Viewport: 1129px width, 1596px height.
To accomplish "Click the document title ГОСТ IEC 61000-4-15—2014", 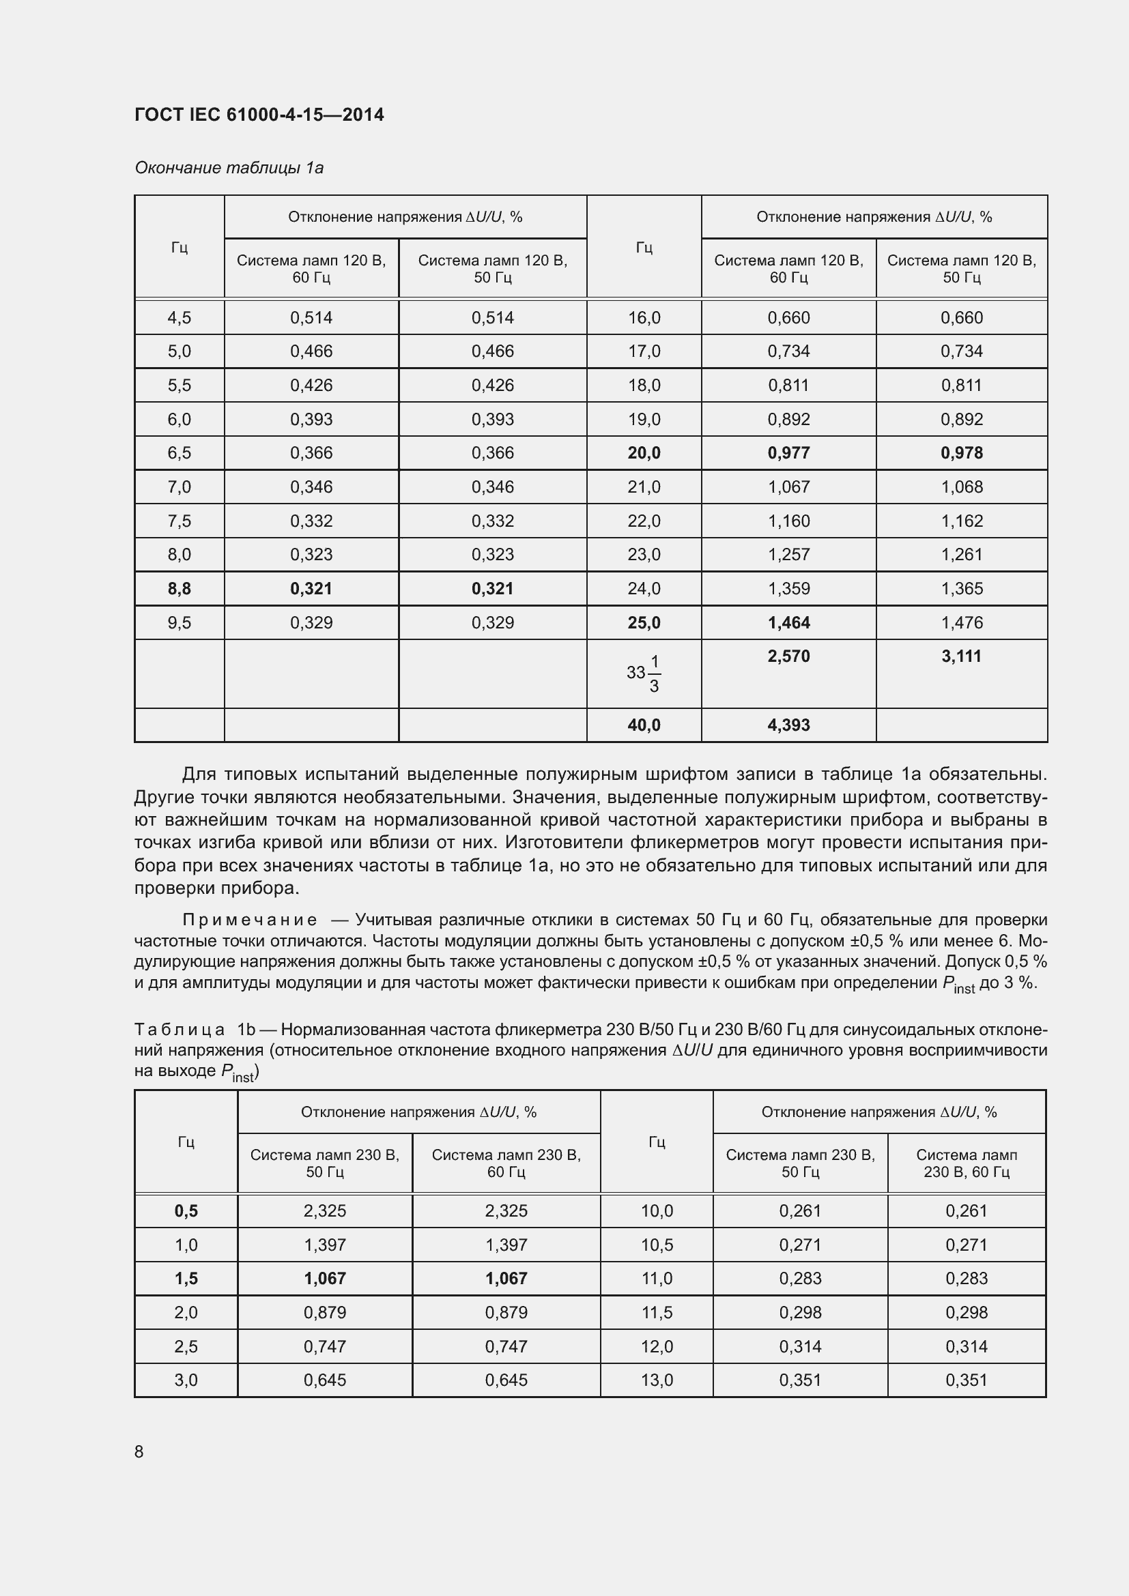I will coord(259,115).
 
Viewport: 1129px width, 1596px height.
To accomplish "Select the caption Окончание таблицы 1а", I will coord(229,168).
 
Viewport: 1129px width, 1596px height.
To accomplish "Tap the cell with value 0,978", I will coord(962,453).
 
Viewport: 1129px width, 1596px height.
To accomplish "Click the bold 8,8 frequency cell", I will coord(180,589).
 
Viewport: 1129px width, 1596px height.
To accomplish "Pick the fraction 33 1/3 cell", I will coord(644,673).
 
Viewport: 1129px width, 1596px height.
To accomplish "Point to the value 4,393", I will coord(788,725).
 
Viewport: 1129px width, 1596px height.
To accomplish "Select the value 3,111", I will coord(962,656).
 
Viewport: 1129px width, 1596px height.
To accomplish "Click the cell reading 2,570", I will coord(788,656).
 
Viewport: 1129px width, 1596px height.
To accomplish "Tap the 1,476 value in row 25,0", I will coord(962,623).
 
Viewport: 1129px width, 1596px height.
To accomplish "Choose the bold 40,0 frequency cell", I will coord(644,725).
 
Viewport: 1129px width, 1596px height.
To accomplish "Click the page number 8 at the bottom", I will coord(139,1451).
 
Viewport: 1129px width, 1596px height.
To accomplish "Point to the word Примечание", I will coord(250,920).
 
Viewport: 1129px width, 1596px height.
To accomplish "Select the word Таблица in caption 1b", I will coord(180,1030).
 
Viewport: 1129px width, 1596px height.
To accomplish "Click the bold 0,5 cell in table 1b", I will coord(186,1211).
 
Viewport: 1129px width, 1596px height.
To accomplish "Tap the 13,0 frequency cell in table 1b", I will coord(657,1380).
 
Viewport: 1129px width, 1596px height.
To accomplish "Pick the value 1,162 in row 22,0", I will coord(962,521).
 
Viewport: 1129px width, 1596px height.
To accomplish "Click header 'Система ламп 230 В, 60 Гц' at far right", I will coord(967,1163).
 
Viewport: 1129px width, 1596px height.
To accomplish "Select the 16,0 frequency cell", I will coord(644,318).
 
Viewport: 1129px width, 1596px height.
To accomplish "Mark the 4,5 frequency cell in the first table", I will coord(180,318).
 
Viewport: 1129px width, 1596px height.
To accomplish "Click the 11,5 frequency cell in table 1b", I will coord(657,1312).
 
